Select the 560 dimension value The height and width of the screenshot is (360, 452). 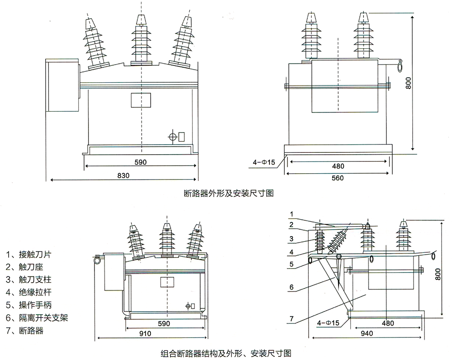click(x=338, y=178)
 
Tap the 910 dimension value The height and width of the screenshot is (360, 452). click(x=146, y=333)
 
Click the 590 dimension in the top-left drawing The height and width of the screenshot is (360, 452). click(x=141, y=161)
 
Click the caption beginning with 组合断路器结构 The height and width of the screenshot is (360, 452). click(x=225, y=351)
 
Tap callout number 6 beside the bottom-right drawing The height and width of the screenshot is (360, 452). click(x=292, y=287)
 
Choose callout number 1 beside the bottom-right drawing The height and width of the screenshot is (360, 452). click(x=292, y=213)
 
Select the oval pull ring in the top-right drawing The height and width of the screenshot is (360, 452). click(x=400, y=66)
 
